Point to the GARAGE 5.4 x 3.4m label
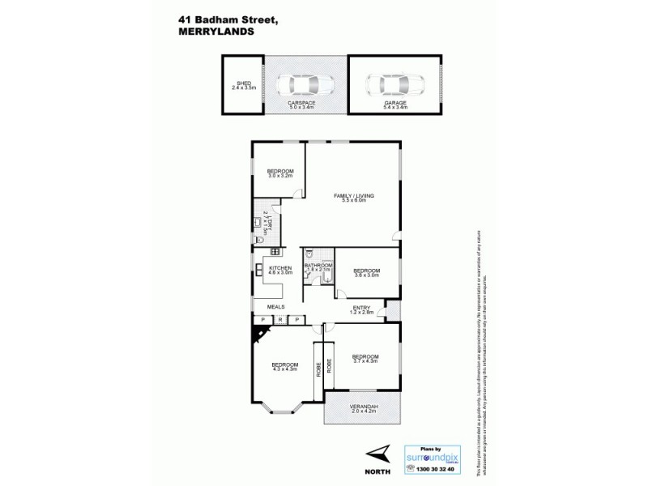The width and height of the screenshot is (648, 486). click(394, 106)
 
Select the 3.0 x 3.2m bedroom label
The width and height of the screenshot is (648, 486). click(280, 173)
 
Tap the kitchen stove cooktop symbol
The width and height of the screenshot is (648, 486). click(263, 253)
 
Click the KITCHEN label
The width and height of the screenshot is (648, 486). click(279, 271)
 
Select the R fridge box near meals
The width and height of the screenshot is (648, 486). click(279, 319)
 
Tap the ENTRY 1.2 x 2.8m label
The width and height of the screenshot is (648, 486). click(361, 309)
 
